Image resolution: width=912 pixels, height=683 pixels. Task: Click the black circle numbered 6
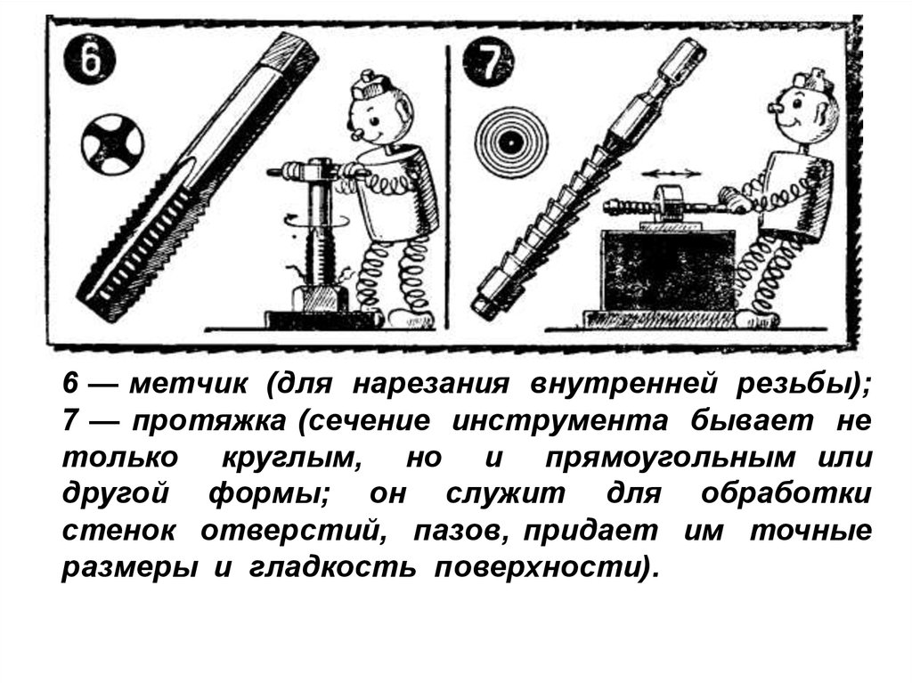pyautogui.click(x=90, y=61)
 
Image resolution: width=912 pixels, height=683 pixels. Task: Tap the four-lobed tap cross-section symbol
pyautogui.click(x=112, y=143)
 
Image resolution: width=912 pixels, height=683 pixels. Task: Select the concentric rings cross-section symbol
pyautogui.click(x=511, y=142)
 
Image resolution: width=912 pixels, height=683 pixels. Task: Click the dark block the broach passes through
pyautogui.click(x=667, y=270)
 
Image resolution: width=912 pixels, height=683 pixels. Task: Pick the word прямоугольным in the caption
pyautogui.click(x=670, y=459)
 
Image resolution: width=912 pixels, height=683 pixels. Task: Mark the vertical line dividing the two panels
pyautogui.click(x=448, y=187)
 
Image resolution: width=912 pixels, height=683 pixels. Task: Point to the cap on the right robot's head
pyautogui.click(x=813, y=80)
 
